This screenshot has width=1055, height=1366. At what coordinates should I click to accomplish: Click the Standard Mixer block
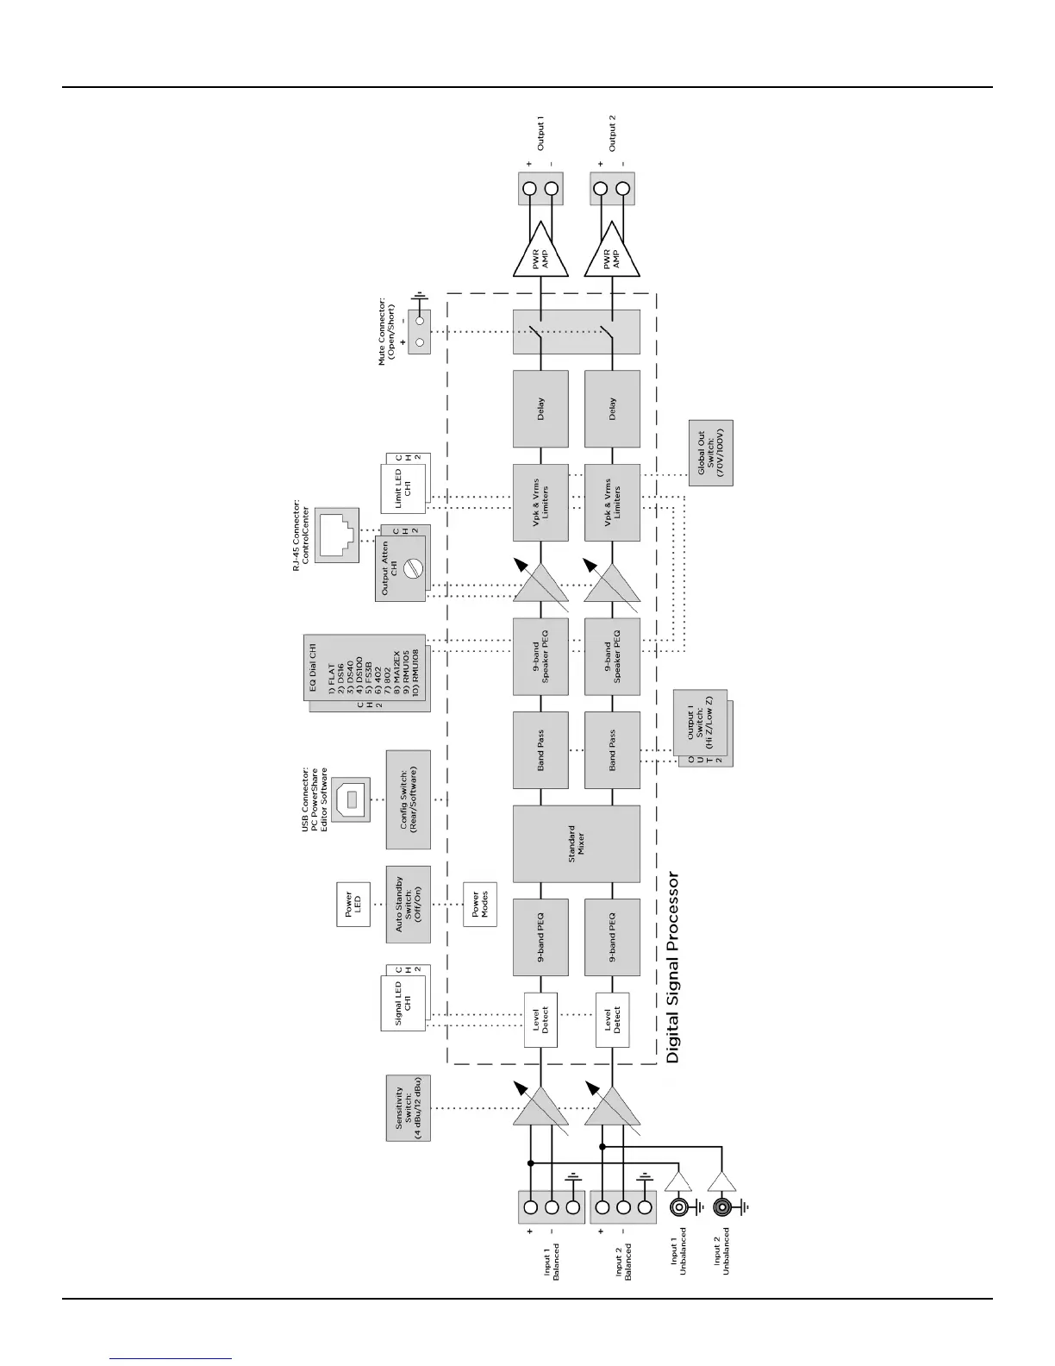tap(577, 843)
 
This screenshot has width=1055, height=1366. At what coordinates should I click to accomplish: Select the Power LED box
tap(353, 905)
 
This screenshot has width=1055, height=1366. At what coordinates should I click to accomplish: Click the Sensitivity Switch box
tap(409, 1107)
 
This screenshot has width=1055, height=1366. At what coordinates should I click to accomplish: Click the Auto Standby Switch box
tap(409, 904)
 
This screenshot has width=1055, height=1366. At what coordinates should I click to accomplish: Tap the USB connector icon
tap(350, 799)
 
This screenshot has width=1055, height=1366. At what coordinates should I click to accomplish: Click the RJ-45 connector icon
tap(337, 535)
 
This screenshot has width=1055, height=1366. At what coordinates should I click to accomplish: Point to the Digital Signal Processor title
tap(674, 967)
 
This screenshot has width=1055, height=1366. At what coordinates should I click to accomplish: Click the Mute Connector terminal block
tap(420, 332)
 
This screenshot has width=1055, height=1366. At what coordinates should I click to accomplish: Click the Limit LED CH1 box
tap(403, 486)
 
